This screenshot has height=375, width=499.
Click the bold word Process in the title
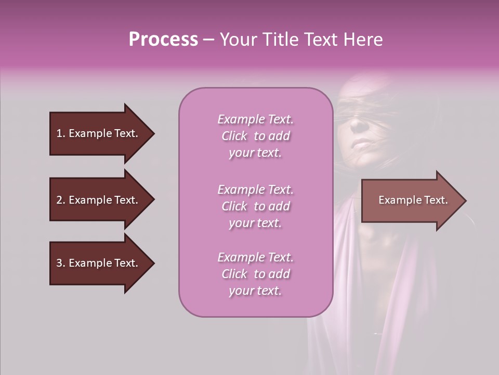163,40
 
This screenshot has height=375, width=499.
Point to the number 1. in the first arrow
61,133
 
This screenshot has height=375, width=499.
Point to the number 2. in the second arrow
61,200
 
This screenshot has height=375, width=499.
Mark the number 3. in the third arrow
61,263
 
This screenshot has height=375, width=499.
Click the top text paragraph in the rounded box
255,136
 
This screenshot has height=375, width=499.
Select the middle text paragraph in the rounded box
255,206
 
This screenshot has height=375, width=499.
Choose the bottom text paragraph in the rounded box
255,274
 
